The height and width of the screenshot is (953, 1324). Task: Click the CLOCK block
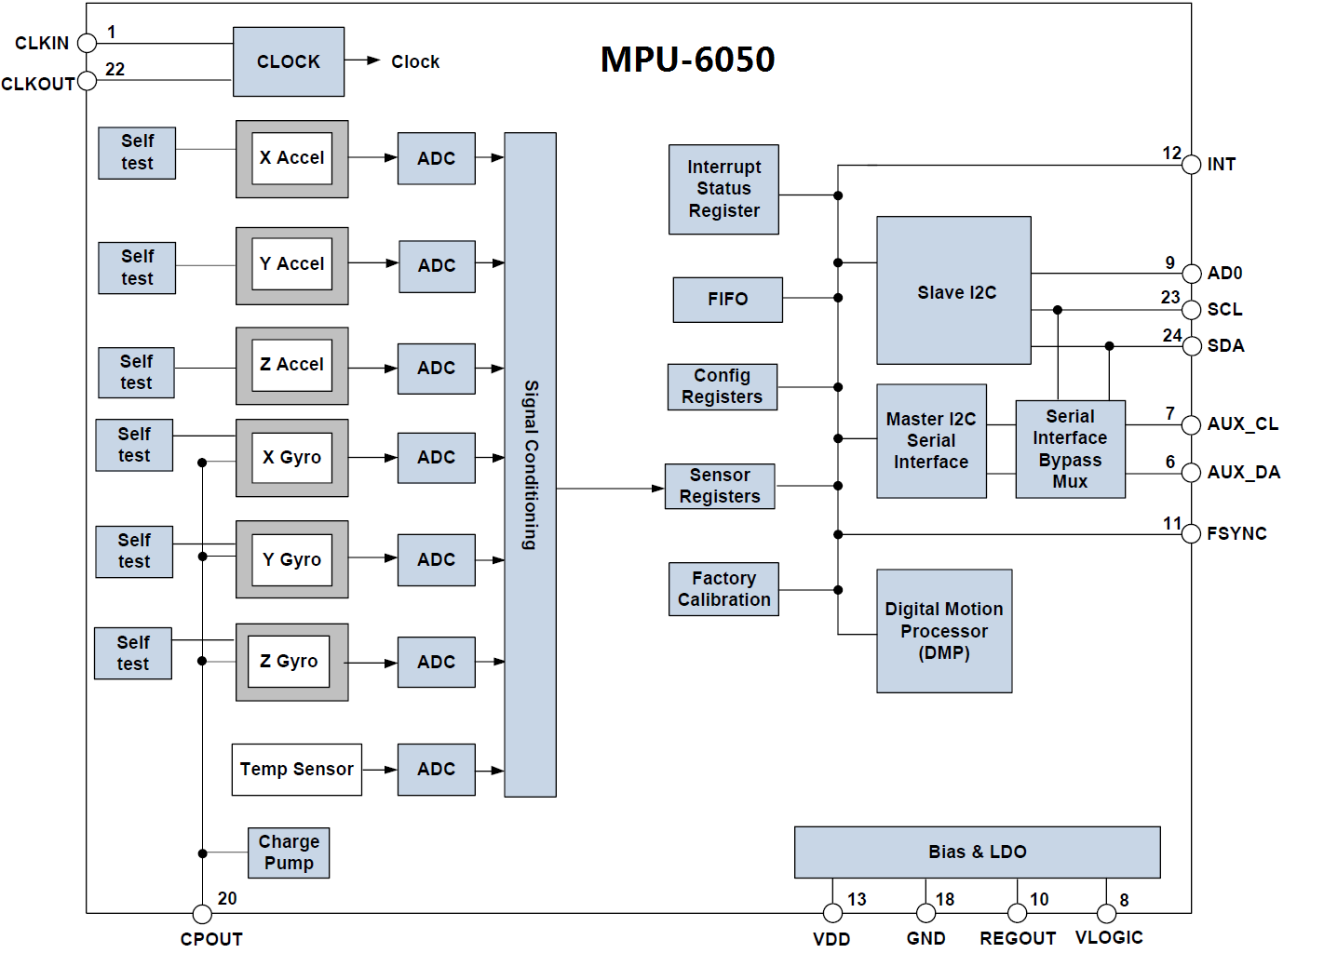(288, 61)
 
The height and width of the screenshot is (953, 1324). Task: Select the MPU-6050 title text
(687, 60)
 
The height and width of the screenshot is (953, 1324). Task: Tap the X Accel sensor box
(291, 158)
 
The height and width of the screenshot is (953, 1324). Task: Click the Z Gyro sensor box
(290, 662)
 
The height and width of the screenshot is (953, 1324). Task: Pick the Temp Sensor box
(296, 769)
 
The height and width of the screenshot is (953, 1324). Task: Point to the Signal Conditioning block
(530, 464)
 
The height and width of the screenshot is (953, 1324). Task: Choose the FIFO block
(727, 299)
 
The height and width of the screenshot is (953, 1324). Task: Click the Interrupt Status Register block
(723, 189)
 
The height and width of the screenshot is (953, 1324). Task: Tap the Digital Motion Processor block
(943, 631)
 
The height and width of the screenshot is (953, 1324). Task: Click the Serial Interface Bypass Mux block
(1070, 449)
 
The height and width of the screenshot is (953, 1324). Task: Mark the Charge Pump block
(289, 852)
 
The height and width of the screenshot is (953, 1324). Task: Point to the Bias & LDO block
(977, 852)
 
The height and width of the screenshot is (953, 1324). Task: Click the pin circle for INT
(1191, 165)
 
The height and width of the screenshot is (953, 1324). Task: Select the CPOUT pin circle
(202, 914)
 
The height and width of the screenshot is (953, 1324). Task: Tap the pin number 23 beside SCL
(1170, 297)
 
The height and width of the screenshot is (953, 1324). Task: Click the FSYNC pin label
(1236, 533)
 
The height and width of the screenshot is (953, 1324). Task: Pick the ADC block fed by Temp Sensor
(436, 769)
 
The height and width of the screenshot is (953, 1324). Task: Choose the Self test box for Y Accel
(137, 267)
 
